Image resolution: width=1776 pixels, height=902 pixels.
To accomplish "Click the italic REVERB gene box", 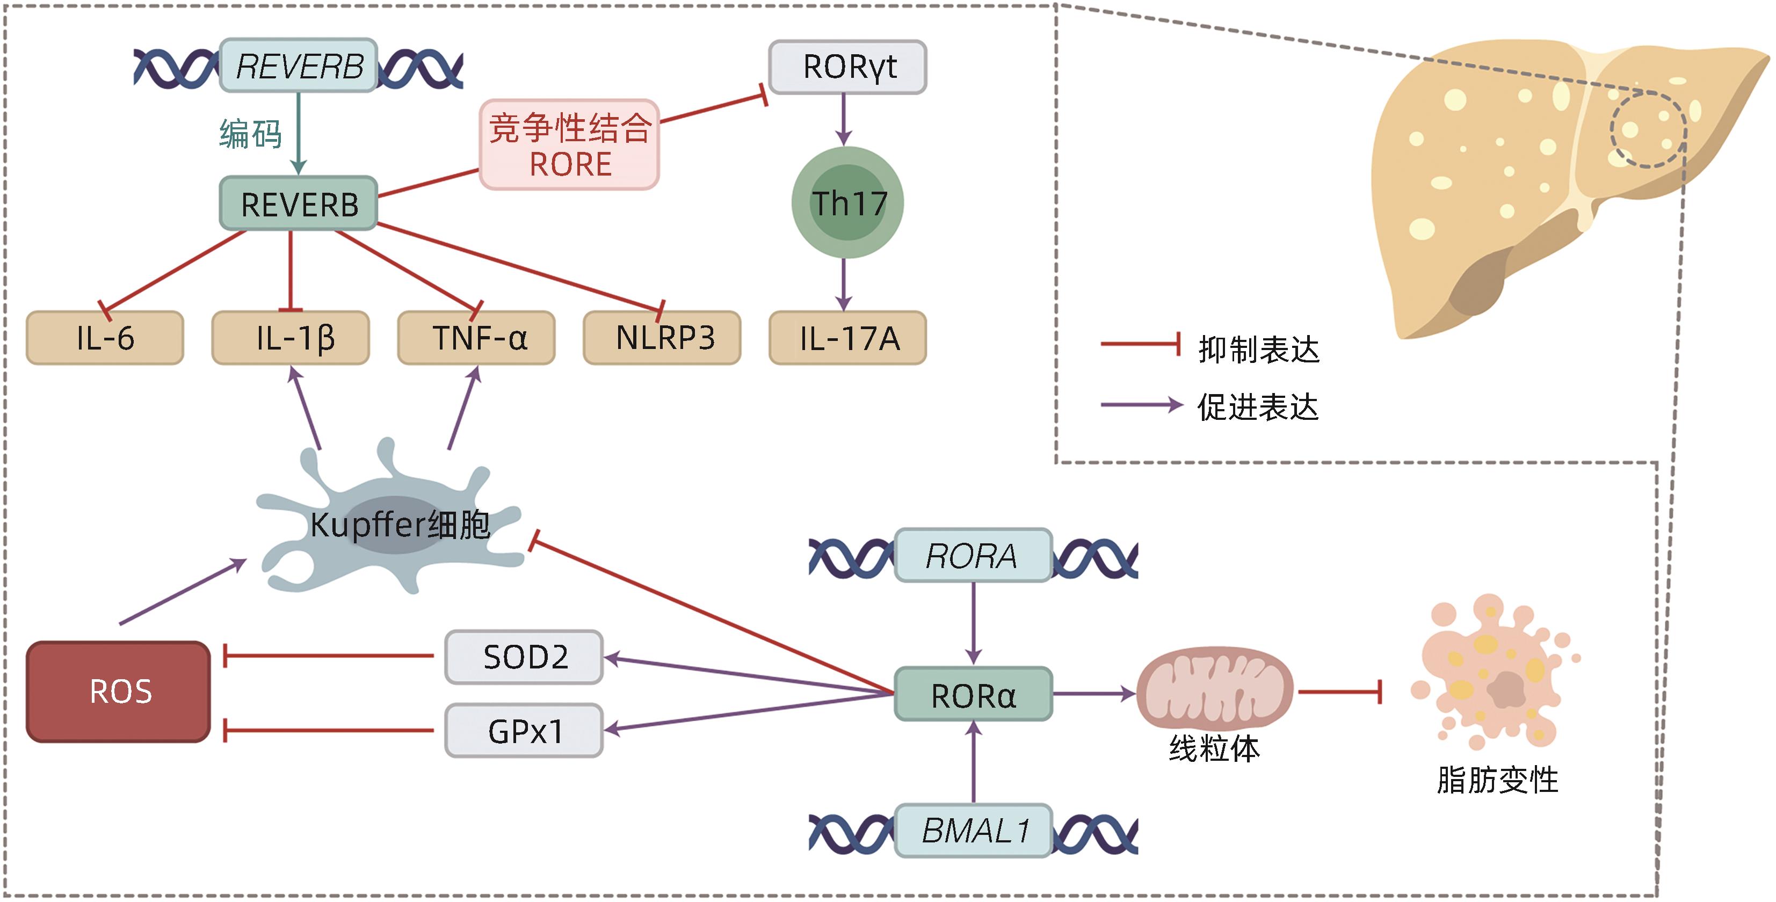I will [298, 66].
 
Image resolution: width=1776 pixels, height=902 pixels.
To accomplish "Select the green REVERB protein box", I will [298, 204].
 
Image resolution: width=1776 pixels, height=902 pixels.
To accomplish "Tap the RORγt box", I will [847, 67].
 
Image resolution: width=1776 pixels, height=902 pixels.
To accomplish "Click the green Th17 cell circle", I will [847, 202].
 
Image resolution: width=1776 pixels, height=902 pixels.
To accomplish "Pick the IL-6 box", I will [105, 338].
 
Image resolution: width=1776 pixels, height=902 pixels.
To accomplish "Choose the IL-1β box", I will [290, 338].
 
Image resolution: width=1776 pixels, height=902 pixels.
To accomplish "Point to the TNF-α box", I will [476, 338].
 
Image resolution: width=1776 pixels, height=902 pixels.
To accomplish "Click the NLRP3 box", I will [662, 338].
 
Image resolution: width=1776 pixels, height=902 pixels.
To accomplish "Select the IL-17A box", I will [847, 338].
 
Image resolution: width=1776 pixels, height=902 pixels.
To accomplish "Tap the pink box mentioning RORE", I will [569, 145].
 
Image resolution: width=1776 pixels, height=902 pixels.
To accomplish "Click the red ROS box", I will [119, 691].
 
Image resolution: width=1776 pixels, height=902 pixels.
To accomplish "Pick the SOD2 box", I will [524, 657].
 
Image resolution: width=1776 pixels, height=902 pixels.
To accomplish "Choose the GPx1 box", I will [524, 730].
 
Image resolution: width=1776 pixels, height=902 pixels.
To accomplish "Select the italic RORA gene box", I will [973, 555].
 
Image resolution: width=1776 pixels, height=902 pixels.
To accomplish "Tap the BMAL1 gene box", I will [973, 831].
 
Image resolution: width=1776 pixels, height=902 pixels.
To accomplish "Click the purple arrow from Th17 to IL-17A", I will [844, 285].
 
